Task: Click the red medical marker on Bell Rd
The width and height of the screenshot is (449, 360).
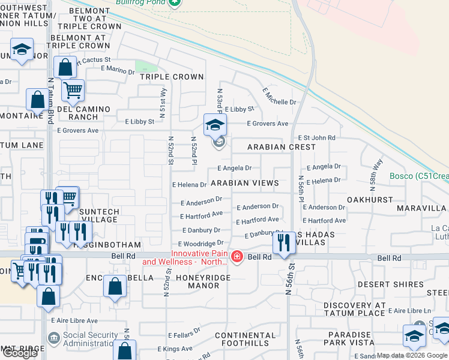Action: (x=237, y=257)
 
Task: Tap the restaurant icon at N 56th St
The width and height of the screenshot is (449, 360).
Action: (x=282, y=242)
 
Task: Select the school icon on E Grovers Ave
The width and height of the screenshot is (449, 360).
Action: (x=214, y=125)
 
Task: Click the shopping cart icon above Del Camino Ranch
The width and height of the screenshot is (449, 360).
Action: (x=73, y=91)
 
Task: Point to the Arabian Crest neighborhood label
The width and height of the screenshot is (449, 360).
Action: (x=282, y=147)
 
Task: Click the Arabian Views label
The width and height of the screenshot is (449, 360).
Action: (x=245, y=182)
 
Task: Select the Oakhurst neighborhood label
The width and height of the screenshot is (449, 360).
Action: (x=370, y=199)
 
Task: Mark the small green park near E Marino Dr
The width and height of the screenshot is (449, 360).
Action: (x=142, y=66)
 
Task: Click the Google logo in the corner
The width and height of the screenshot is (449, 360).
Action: (x=20, y=353)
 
